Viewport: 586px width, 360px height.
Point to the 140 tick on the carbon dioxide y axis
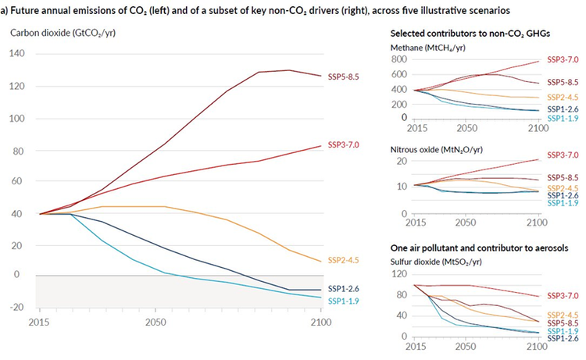coord(17,54)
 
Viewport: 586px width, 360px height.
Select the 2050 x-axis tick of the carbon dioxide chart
coord(156,322)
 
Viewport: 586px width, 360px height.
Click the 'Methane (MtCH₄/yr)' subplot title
coord(428,48)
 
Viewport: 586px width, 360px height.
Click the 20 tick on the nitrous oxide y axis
coord(404,161)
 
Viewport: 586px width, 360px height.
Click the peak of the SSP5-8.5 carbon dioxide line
coord(288,70)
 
